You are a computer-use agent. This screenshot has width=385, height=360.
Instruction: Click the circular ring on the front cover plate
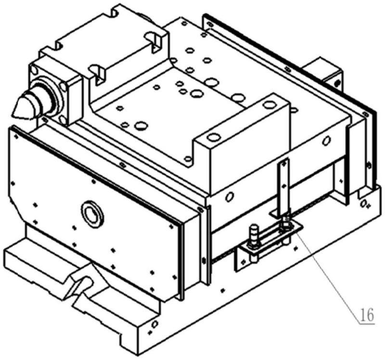[92, 214]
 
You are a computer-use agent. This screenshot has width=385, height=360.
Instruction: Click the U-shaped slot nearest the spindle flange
[98, 71]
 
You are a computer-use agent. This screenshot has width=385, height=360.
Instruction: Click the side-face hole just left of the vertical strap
[230, 196]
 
